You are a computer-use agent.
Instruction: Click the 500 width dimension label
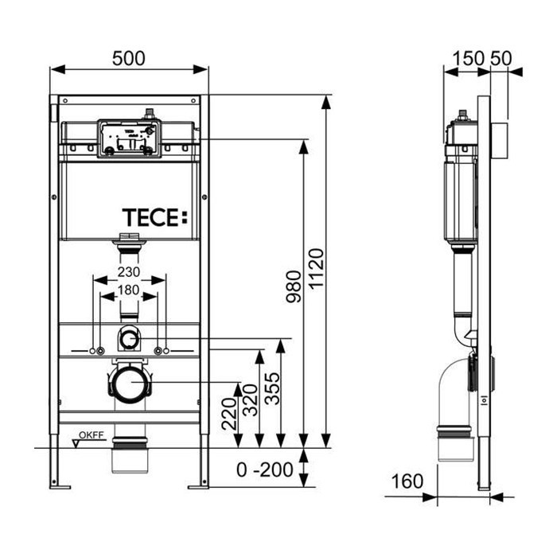pyautogui.click(x=129, y=57)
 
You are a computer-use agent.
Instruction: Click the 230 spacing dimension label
pyautogui.click(x=129, y=271)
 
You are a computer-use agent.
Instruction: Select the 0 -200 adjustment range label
pyautogui.click(x=265, y=469)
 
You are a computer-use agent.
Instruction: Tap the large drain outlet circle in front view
pyautogui.click(x=129, y=384)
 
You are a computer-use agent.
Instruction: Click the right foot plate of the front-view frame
pyautogui.click(x=198, y=484)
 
